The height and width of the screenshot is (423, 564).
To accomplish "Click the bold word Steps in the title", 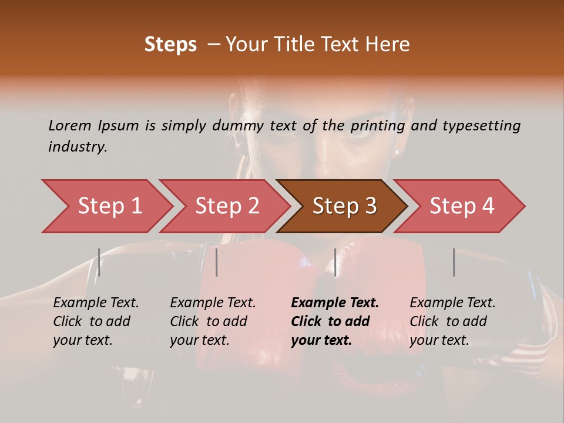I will (x=170, y=45).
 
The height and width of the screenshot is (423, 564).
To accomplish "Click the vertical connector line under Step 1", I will (x=99, y=262).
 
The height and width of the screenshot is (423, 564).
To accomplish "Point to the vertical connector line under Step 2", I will (x=217, y=262).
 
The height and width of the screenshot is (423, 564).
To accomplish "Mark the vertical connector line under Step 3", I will (x=335, y=262).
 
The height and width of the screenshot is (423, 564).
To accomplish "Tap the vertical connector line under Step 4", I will (x=454, y=262).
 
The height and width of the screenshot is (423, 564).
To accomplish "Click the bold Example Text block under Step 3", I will (x=335, y=321).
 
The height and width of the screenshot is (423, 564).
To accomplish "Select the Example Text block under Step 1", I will (x=96, y=321).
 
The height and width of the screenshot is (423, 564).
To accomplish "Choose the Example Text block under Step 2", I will (x=213, y=321).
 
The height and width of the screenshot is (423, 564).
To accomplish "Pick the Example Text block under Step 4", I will (x=452, y=321).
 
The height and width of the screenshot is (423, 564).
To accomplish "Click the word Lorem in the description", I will (x=69, y=125).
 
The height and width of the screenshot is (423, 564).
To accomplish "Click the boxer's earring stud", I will (x=397, y=152).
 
